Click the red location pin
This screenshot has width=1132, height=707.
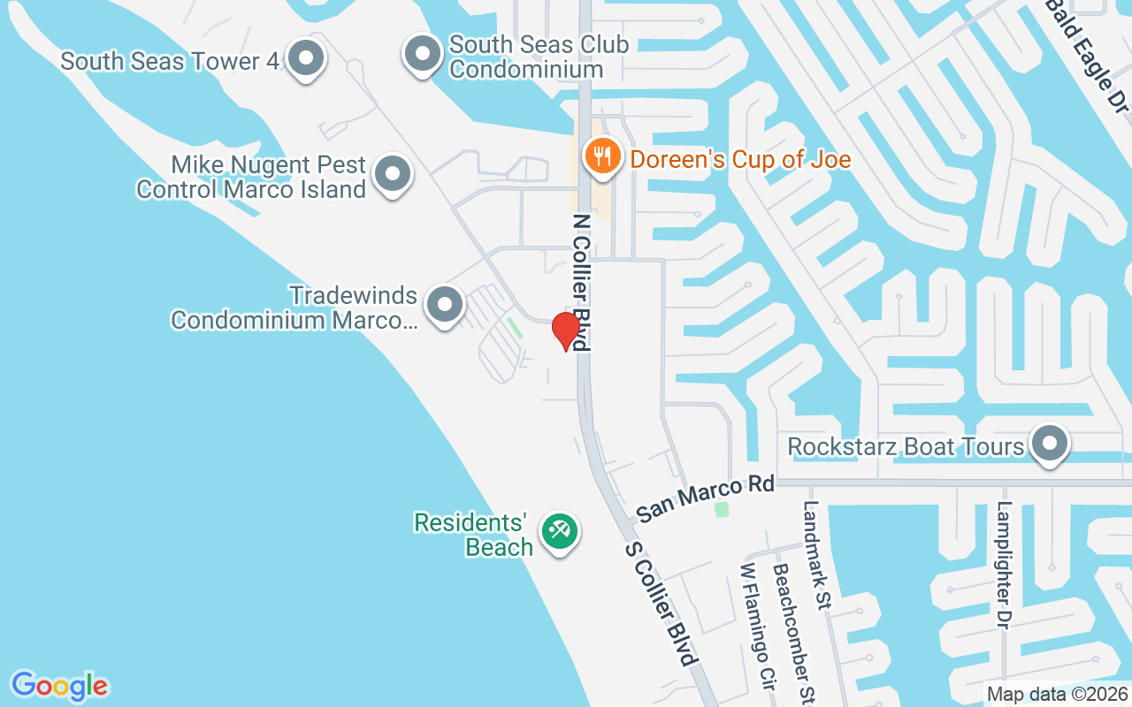click(565, 331)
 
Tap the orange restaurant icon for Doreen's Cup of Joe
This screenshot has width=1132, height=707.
click(602, 157)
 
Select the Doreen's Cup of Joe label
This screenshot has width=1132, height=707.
click(739, 159)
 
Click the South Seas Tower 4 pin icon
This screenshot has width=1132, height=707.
click(307, 58)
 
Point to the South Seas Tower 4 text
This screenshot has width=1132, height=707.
click(170, 61)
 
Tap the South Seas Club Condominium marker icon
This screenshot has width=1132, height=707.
click(423, 53)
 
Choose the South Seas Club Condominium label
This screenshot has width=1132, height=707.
click(539, 57)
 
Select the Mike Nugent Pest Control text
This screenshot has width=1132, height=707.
click(251, 177)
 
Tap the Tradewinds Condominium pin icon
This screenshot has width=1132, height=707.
click(444, 305)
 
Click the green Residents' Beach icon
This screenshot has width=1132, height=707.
click(559, 531)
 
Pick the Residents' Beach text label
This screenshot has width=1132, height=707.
click(474, 535)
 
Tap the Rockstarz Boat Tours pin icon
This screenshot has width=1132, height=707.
click(1050, 444)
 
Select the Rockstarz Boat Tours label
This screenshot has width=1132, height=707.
click(906, 446)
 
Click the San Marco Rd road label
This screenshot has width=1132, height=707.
click(705, 498)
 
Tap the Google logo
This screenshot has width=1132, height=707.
click(60, 685)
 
